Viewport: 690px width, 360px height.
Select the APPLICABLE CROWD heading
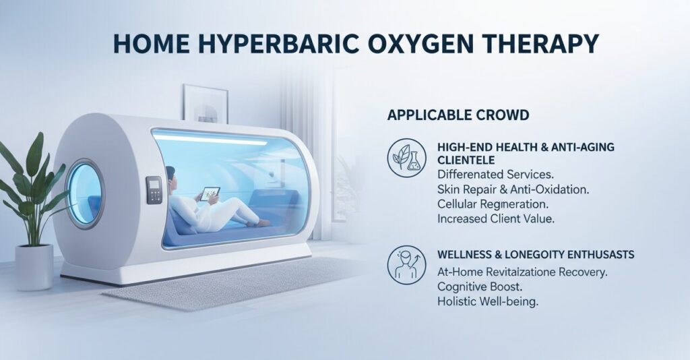coord(458,115)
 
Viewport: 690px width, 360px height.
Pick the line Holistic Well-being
coord(488,303)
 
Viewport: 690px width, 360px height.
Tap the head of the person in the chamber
coord(170,174)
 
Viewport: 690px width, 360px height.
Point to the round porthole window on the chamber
coord(85,192)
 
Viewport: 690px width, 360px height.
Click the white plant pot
coord(34,267)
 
